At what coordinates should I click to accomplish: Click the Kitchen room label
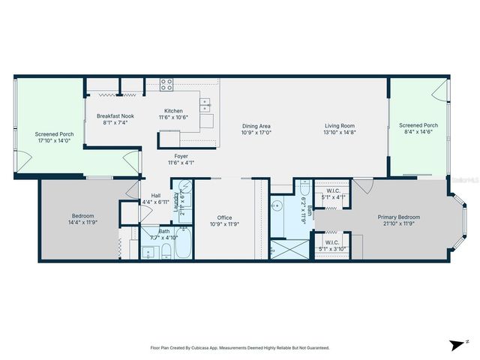click(174, 111)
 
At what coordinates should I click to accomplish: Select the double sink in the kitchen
click(205, 104)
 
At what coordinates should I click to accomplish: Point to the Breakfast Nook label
click(116, 115)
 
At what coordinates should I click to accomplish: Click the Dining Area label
click(256, 125)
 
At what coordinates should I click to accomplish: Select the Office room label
click(225, 218)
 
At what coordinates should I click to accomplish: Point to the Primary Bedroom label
click(398, 217)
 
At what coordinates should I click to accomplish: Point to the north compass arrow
click(456, 344)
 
